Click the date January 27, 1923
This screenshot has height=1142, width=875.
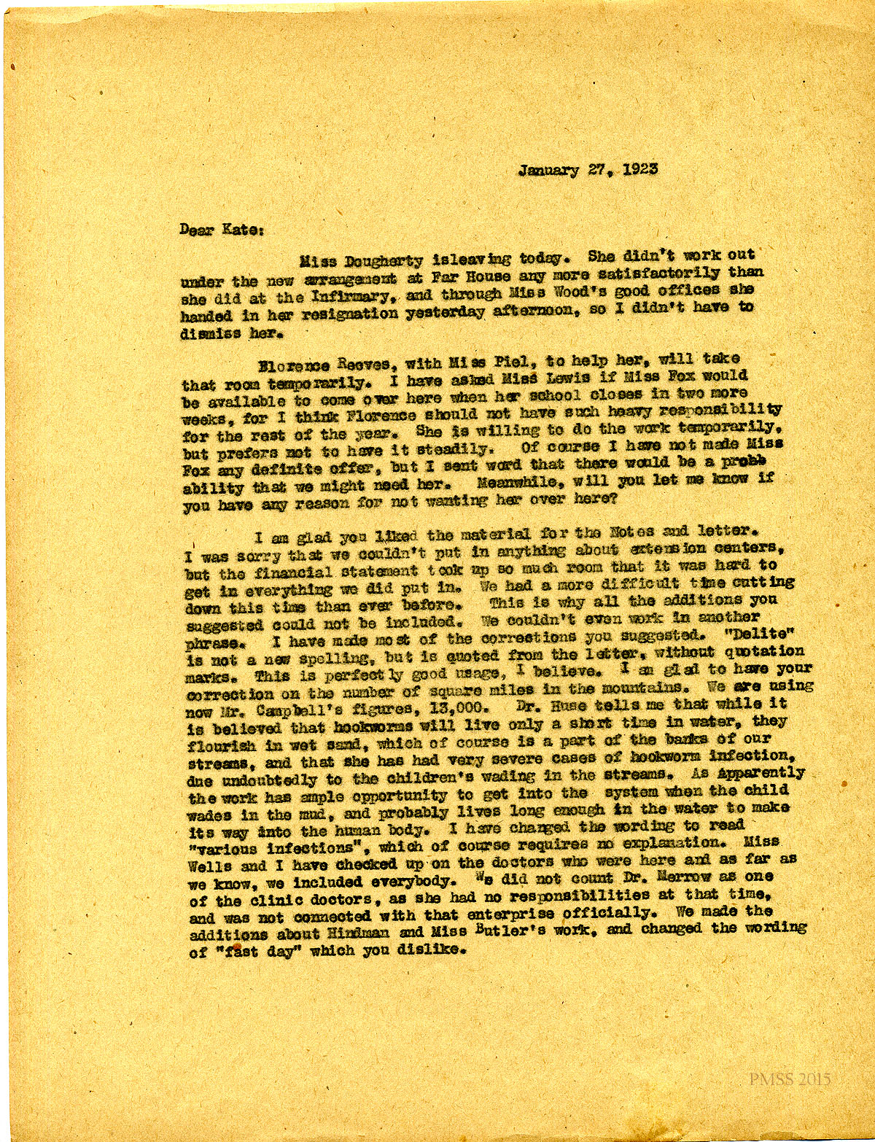588,170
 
